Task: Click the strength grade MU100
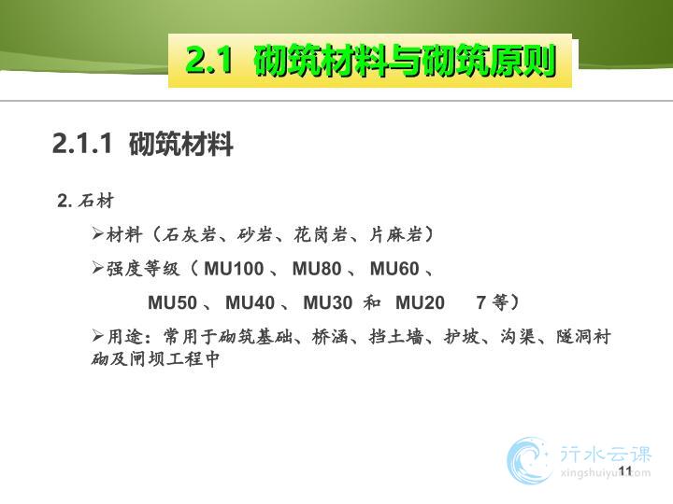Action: [x=234, y=269]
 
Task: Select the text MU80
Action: [x=317, y=269]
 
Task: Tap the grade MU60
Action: [x=394, y=269]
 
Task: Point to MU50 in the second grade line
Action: [x=172, y=302]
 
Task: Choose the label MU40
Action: [x=250, y=302]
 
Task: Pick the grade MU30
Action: [x=328, y=302]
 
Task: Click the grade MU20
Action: [x=420, y=302]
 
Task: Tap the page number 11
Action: [x=625, y=470]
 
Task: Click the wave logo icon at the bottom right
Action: [x=529, y=461]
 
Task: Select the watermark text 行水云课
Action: [x=606, y=454]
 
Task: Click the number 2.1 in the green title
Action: [x=209, y=60]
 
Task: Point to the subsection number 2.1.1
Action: [x=82, y=143]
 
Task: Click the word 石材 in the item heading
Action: [x=95, y=201]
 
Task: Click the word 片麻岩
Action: [x=394, y=234]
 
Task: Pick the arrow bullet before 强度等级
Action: [x=97, y=268]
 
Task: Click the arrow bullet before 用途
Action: [x=97, y=336]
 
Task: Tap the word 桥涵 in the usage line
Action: [x=329, y=336]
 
